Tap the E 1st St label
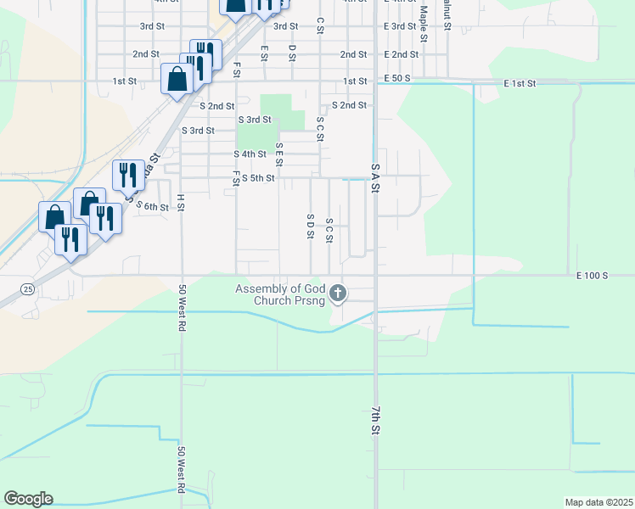[520, 84]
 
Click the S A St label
[374, 179]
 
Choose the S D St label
[311, 227]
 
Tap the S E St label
[278, 154]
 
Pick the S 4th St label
[250, 154]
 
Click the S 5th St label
[258, 178]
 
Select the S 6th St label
[153, 207]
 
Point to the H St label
[181, 202]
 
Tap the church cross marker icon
[338, 294]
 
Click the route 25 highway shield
[28, 288]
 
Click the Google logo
[28, 499]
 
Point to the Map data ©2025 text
[599, 502]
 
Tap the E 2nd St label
[401, 54]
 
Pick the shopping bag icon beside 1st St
[177, 80]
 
